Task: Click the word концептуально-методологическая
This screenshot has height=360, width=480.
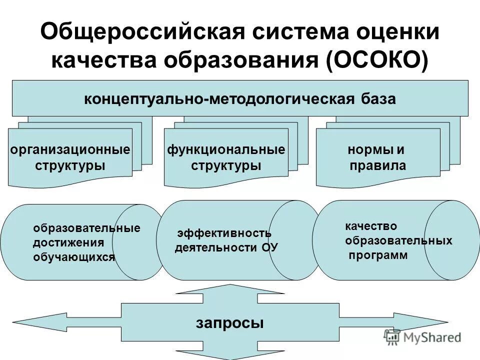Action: tap(219, 98)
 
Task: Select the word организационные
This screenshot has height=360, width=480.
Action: tap(70, 149)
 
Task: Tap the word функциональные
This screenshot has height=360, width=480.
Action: tap(226, 149)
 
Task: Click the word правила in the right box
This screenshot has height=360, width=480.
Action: tap(377, 165)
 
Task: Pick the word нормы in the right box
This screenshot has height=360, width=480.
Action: tap(369, 149)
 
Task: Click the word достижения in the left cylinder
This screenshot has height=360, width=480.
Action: tap(68, 243)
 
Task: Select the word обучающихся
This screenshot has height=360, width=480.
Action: tap(73, 257)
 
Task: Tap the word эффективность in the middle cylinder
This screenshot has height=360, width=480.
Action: tap(224, 233)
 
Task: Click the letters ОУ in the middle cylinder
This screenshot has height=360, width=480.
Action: tap(269, 247)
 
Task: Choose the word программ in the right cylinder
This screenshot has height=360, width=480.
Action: tap(378, 255)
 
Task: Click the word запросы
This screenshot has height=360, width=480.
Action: tap(229, 323)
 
